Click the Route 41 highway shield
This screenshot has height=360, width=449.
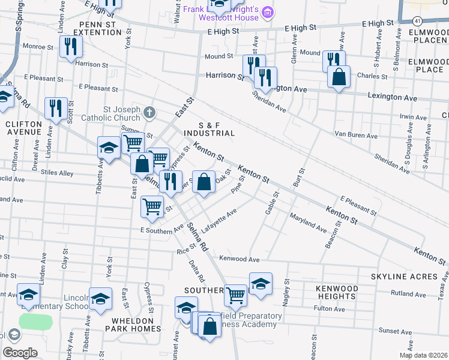(x=417, y=21)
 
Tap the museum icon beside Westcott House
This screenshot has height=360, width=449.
(x=268, y=12)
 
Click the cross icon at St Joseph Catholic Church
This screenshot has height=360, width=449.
(x=149, y=112)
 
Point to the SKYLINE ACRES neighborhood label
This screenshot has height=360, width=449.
(x=403, y=276)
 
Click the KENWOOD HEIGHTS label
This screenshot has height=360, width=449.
(x=337, y=292)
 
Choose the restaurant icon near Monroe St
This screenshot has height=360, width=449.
(x=71, y=46)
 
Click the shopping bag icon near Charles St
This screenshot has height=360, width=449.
(x=339, y=77)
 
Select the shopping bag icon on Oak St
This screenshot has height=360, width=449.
(x=203, y=181)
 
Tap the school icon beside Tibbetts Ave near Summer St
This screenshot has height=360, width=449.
(x=109, y=148)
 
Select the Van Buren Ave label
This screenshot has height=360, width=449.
(x=356, y=136)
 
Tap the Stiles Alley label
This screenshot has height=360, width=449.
(x=57, y=174)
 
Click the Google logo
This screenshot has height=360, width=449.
(x=20, y=353)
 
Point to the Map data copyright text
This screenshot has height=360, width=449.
(x=424, y=355)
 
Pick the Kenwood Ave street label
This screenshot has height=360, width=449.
(x=240, y=259)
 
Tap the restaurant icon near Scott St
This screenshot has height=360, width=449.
(x=56, y=109)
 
